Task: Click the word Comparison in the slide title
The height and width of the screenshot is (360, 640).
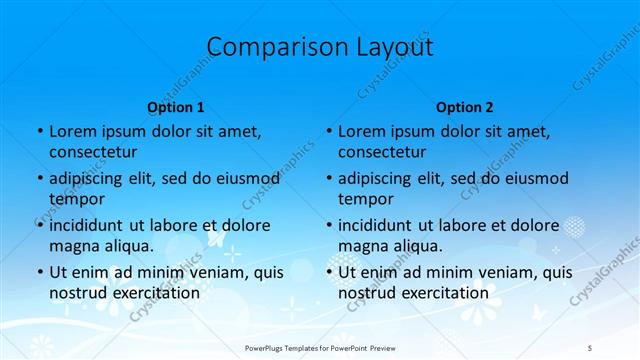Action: pyautogui.click(x=265, y=47)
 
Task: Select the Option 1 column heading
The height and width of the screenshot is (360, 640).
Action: pyautogui.click(x=176, y=107)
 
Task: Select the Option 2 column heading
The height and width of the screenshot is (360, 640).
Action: pyautogui.click(x=465, y=107)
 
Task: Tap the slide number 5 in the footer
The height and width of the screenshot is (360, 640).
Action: pyautogui.click(x=589, y=346)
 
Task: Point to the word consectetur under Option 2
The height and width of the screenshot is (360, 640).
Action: pyautogui.click(x=382, y=152)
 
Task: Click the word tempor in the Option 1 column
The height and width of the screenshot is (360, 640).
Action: pyautogui.click(x=75, y=198)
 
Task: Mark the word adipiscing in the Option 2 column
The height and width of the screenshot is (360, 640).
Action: pyautogui.click(x=379, y=179)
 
